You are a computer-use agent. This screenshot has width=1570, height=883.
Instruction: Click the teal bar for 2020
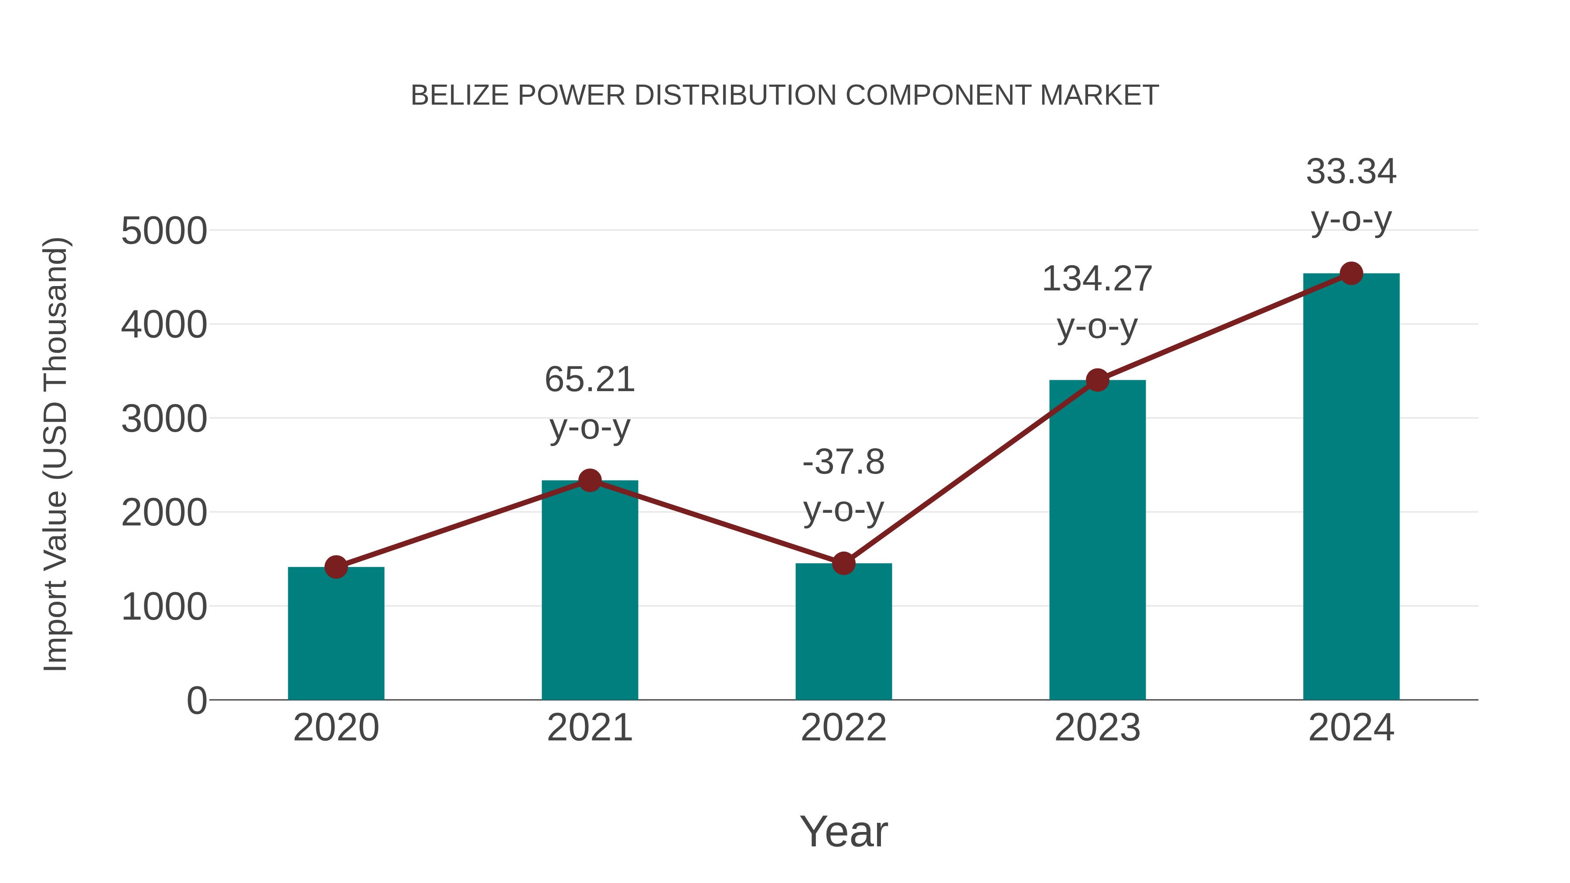(336, 634)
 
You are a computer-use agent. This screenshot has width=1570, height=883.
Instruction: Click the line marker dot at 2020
(336, 567)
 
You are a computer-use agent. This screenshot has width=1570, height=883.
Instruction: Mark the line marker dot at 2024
(1351, 273)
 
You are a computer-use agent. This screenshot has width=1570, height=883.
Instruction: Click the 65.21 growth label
(589, 380)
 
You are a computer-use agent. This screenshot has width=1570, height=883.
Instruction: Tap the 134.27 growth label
(1097, 279)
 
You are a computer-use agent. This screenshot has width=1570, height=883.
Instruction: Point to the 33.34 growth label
(1351, 172)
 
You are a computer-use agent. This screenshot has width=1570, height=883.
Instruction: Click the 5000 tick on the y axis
(164, 232)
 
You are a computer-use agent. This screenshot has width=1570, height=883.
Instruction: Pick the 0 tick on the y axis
(196, 701)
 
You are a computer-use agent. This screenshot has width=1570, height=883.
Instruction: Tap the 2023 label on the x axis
(1097, 728)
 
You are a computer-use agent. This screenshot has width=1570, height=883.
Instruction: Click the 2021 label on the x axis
(589, 728)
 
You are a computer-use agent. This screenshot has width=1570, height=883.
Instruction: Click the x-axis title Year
(843, 831)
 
